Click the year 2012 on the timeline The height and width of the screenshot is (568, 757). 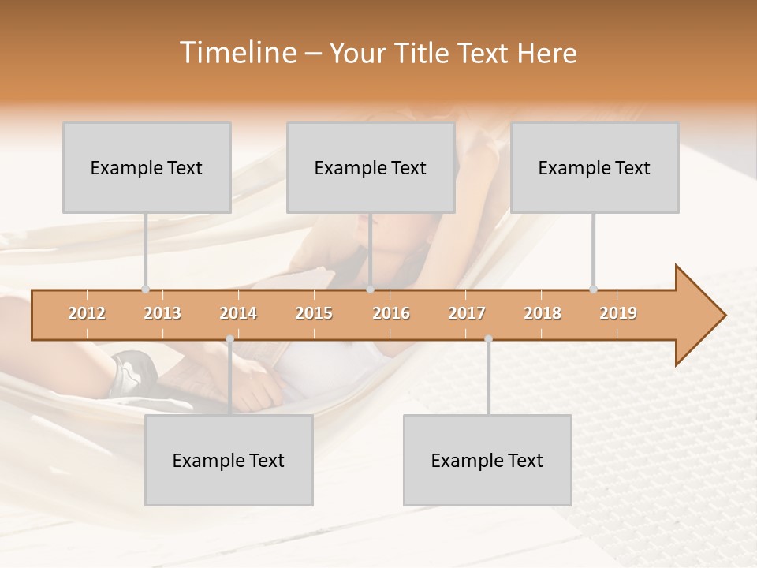pyautogui.click(x=87, y=313)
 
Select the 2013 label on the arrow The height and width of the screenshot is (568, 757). pyautogui.click(x=162, y=313)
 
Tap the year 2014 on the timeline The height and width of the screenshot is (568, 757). pyautogui.click(x=238, y=313)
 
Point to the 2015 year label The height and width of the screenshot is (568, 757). pyautogui.click(x=314, y=313)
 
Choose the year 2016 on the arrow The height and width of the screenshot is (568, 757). pyautogui.click(x=391, y=313)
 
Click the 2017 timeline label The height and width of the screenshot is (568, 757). pyautogui.click(x=467, y=313)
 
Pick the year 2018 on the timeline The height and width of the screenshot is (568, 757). pyautogui.click(x=543, y=313)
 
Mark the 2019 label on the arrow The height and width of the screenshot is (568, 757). pyautogui.click(x=618, y=313)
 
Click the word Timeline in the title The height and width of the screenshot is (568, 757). pyautogui.click(x=237, y=53)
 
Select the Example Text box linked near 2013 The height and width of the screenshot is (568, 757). pyautogui.click(x=147, y=167)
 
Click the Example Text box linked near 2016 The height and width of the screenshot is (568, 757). pyautogui.click(x=371, y=167)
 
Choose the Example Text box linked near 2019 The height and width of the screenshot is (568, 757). pyautogui.click(x=595, y=167)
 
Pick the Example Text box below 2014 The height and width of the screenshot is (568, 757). pyautogui.click(x=229, y=460)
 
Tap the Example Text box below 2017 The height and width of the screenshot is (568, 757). pyautogui.click(x=487, y=460)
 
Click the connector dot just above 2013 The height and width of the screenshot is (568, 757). pyautogui.click(x=146, y=290)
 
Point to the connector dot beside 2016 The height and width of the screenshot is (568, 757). pyautogui.click(x=370, y=290)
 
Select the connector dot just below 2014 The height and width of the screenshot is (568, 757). pyautogui.click(x=229, y=339)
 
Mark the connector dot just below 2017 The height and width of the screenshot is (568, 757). pyautogui.click(x=488, y=339)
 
